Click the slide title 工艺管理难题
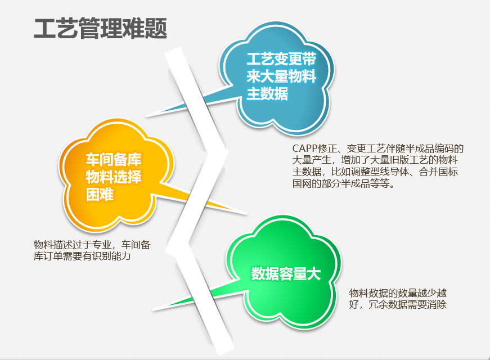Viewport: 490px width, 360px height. pyautogui.click(x=100, y=29)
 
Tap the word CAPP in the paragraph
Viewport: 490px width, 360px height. pyautogui.click(x=305, y=148)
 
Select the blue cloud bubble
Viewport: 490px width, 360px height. pyautogui.click(x=277, y=78)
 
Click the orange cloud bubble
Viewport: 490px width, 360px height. pyautogui.click(x=116, y=175)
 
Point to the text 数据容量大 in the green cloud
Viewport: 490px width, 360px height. pyautogui.click(x=286, y=273)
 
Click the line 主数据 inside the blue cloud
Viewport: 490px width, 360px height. pyautogui.click(x=267, y=93)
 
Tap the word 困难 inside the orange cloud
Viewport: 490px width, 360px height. pyautogui.click(x=100, y=195)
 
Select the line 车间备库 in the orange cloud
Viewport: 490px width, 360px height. pyautogui.click(x=114, y=159)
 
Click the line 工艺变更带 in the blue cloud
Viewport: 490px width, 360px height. pyautogui.click(x=281, y=58)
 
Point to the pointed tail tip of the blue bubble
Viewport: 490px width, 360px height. pyautogui.click(x=146, y=117)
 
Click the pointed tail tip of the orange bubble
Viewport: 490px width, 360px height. pyautogui.click(x=246, y=214)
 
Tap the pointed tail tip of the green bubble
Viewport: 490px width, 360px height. pyautogui.click(x=153, y=310)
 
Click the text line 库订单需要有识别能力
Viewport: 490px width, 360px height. pyautogui.click(x=82, y=256)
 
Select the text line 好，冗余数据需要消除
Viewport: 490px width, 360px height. pyautogui.click(x=398, y=304)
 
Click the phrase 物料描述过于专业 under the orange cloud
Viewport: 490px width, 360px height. pyautogui.click(x=73, y=244)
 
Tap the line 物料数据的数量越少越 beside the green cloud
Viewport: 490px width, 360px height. pyautogui.click(x=398, y=293)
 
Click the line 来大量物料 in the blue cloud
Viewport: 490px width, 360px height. pyautogui.click(x=281, y=76)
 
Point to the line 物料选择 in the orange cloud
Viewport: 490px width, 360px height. pyautogui.click(x=114, y=177)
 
